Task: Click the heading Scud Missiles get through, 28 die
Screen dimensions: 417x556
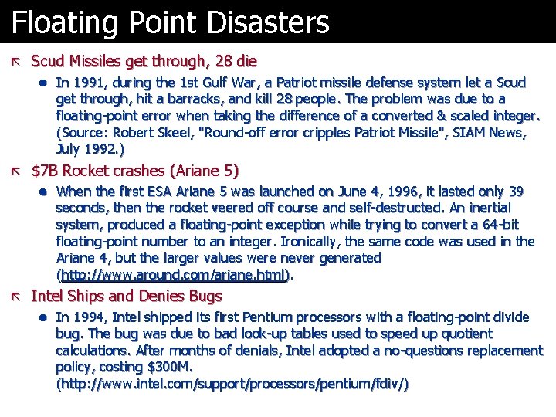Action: click(144, 61)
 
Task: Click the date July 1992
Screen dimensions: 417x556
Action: click(85, 149)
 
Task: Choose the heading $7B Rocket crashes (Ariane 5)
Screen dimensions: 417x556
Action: click(135, 171)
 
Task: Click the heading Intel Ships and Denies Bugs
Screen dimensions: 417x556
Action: click(126, 296)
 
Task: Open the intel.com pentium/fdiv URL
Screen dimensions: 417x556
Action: click(232, 384)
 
